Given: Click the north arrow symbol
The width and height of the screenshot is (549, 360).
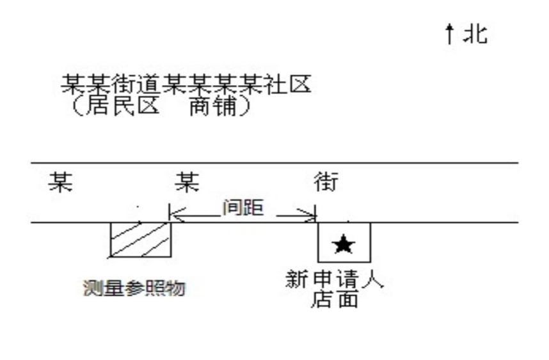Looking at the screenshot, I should (x=450, y=33).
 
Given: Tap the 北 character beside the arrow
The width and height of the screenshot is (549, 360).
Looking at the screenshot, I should (x=475, y=34).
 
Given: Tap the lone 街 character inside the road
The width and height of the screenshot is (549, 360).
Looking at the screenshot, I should (x=326, y=183).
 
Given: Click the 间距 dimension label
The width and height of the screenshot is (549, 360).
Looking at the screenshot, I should (x=243, y=208).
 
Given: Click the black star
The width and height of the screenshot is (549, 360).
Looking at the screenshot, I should (x=344, y=243).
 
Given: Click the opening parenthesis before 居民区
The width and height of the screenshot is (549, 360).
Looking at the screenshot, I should (x=77, y=106).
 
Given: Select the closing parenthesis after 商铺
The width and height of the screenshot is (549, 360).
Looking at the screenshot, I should (x=243, y=106).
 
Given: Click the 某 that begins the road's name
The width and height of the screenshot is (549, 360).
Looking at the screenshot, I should (x=60, y=183).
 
